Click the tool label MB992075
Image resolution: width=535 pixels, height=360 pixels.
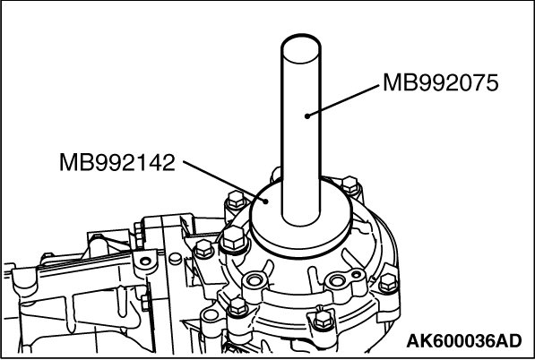(441, 83)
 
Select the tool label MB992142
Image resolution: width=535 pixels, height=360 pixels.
(117, 162)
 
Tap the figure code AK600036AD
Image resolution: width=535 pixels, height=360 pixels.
(464, 341)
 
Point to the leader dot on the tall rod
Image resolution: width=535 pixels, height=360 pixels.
(307, 116)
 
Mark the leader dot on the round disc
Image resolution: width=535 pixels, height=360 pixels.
(266, 201)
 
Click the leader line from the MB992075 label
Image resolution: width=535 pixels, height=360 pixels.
(343, 101)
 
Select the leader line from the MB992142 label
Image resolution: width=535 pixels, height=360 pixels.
(225, 181)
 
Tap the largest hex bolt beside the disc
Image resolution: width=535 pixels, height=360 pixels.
(234, 238)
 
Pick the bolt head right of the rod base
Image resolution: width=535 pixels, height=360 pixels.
(350, 185)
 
